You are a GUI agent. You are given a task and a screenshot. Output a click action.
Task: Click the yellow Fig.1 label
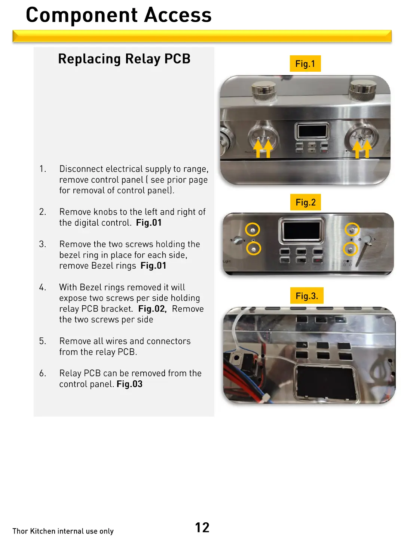coord(305,64)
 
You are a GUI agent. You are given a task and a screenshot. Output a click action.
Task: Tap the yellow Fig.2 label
coord(306,202)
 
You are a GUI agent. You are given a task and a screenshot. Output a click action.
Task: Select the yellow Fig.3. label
coord(307,296)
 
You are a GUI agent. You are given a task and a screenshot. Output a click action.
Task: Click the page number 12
coord(202,527)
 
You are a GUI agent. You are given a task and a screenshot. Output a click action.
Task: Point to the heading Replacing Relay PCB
coord(124,59)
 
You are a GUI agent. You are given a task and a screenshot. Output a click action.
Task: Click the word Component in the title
coord(82,15)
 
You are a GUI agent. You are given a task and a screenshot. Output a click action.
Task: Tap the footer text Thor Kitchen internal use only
coord(63,531)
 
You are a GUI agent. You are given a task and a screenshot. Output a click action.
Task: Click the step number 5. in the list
coord(43,341)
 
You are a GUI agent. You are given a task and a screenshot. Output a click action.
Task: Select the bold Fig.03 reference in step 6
coord(129,384)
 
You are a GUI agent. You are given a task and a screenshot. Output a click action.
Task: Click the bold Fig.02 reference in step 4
coord(152,309)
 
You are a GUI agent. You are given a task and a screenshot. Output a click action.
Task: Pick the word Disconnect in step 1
coord(82,169)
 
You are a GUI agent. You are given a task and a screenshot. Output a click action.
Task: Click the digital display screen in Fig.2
coord(302,230)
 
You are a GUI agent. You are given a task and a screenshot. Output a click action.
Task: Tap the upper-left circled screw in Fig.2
coord(252,229)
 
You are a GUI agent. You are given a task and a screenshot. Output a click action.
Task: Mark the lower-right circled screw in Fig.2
coord(351,248)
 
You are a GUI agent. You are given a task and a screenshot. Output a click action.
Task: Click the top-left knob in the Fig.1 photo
coord(264,91)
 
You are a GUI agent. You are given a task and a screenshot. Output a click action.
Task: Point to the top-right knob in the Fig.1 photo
coord(362,89)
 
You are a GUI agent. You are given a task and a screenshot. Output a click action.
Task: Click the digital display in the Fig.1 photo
coord(312,131)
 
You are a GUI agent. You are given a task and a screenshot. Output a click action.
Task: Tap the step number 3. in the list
coord(43,244)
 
